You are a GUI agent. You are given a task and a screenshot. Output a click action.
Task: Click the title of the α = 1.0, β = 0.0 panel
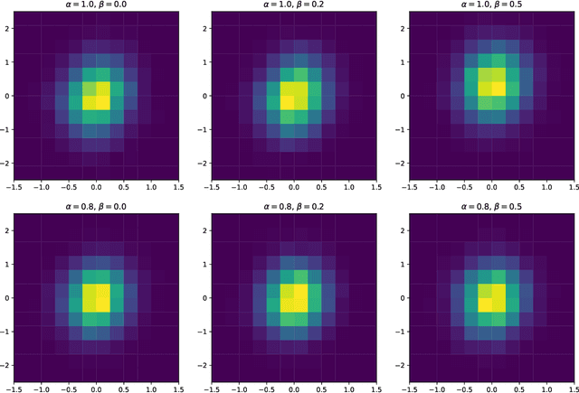[96, 5]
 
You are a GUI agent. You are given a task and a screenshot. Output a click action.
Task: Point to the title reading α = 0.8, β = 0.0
[96, 206]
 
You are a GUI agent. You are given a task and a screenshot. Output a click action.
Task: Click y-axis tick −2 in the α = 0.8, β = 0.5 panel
[403, 363]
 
